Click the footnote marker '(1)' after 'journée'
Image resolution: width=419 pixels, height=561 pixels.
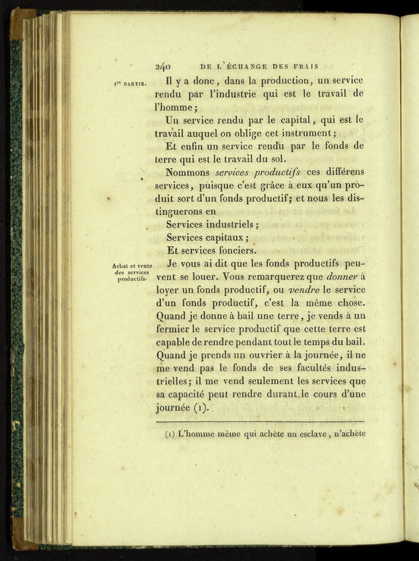pyautogui.click(x=200, y=407)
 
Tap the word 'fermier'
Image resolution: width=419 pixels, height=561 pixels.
pyautogui.click(x=172, y=329)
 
